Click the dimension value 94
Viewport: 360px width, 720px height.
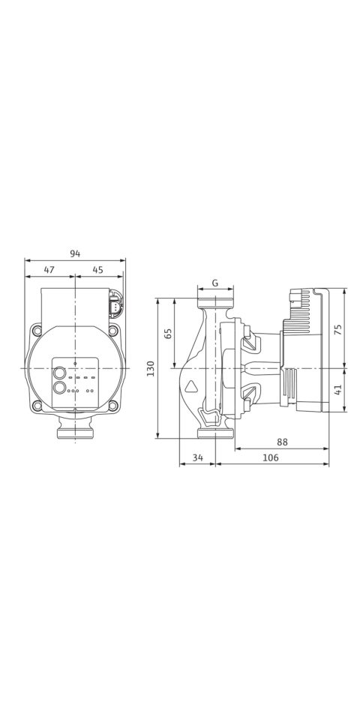75,253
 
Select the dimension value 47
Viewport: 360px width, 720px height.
49,270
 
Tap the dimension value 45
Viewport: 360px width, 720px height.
97,270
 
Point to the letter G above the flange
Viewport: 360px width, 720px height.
215,283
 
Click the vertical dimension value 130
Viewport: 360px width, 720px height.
151,368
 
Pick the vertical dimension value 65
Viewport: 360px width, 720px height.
168,333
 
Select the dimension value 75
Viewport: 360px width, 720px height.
338,328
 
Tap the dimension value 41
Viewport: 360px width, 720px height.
338,390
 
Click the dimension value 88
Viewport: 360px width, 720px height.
282,442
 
